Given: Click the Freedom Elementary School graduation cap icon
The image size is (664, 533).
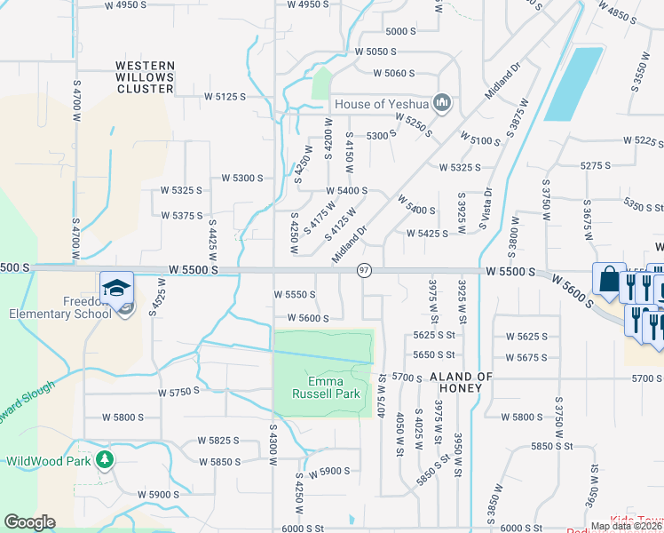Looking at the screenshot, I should click(x=117, y=287).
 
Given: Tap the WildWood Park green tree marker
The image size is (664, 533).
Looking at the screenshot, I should click(x=105, y=459).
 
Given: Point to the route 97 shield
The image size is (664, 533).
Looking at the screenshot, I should click(x=364, y=269).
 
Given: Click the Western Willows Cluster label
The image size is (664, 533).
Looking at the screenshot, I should click(x=145, y=77).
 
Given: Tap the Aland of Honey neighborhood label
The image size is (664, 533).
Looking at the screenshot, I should click(x=461, y=377).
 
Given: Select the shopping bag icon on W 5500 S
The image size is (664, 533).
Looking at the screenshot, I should click(x=609, y=279).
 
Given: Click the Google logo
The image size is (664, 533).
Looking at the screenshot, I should click(x=29, y=522).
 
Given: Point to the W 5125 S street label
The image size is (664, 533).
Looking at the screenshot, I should click(x=225, y=96).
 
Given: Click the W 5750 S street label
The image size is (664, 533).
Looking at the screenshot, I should click(x=180, y=392).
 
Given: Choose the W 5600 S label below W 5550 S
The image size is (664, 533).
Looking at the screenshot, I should click(x=308, y=318).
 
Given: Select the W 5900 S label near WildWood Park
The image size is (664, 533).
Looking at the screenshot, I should click(x=158, y=494).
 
